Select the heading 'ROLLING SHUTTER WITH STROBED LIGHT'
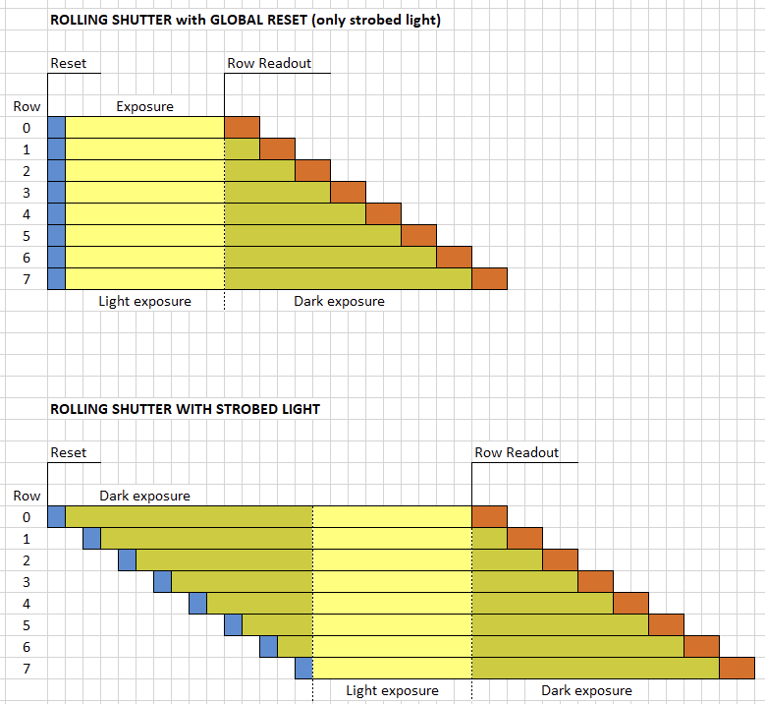click(x=185, y=409)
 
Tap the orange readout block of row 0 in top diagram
click(x=243, y=127)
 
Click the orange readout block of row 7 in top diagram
click(x=489, y=278)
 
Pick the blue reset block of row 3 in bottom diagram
click(x=162, y=581)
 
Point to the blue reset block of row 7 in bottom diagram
click(x=303, y=668)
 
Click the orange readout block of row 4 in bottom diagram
click(x=630, y=603)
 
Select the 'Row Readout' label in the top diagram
click(x=269, y=64)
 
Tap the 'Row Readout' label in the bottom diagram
click(x=517, y=453)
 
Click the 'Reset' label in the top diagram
click(x=69, y=64)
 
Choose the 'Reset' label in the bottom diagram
click(x=69, y=453)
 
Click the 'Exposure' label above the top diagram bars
click(x=144, y=106)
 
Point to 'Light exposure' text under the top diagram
click(x=144, y=301)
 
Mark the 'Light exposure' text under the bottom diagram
click(x=392, y=690)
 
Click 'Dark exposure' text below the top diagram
click(x=339, y=301)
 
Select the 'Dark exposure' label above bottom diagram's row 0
click(x=144, y=496)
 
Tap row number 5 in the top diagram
click(x=27, y=236)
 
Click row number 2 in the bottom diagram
click(x=27, y=560)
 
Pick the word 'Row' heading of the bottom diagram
click(x=27, y=496)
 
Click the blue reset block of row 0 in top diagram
click(x=56, y=127)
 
